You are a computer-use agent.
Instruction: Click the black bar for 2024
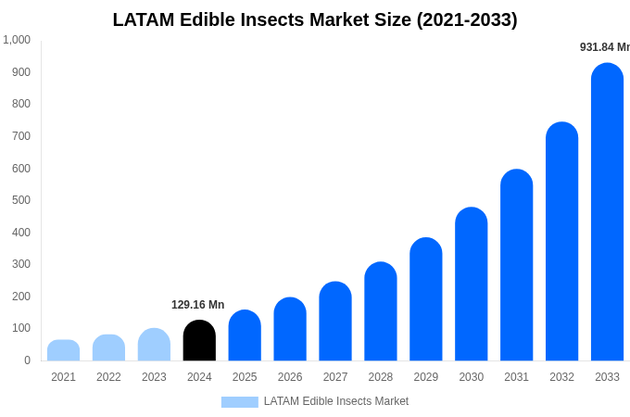199,341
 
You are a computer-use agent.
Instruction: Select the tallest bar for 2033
607,213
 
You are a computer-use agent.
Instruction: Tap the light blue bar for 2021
63,350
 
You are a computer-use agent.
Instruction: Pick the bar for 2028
380,312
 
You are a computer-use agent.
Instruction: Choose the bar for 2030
471,284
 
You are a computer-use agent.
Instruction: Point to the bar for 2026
290,330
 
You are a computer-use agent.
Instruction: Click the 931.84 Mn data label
604,47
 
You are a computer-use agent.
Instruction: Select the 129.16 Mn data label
197,305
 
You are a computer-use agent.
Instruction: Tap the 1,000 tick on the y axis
17,40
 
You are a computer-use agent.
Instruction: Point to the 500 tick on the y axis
21,200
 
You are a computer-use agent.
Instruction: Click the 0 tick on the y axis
27,360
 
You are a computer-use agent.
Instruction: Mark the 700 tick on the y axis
21,136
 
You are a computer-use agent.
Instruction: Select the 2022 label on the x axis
108,377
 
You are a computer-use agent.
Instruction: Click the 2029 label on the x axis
425,377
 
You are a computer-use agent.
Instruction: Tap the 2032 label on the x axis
561,377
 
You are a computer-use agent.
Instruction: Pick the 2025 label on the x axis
245,377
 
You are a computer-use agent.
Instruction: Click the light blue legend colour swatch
239,402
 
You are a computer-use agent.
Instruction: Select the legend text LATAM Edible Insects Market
335,401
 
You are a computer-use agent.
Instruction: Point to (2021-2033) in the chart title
467,19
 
